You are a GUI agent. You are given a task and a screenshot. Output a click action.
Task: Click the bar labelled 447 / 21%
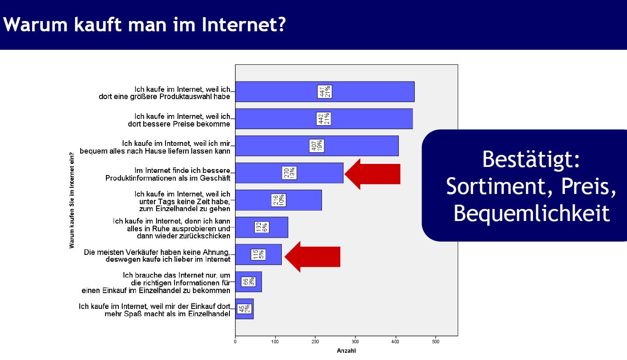tap(325, 92)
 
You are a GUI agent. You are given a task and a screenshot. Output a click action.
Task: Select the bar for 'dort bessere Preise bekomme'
tap(324, 119)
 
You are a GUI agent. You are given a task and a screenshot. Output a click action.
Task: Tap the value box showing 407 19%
tap(317, 146)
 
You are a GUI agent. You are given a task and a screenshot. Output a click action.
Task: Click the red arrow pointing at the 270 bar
tap(372, 174)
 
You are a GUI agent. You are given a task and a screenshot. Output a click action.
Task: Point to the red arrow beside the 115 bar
tap(312, 257)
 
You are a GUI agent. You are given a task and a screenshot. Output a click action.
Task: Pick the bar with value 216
tap(278, 200)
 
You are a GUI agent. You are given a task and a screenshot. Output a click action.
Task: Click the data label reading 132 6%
tap(262, 227)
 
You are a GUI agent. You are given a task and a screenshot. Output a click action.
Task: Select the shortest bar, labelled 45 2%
tap(244, 309)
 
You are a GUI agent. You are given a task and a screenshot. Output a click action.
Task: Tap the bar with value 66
tap(249, 281)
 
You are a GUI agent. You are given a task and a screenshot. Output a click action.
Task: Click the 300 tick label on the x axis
tap(355, 342)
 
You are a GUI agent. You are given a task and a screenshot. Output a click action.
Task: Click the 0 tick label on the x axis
tap(235, 342)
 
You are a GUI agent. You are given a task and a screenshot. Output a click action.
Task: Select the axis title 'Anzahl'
tap(346, 351)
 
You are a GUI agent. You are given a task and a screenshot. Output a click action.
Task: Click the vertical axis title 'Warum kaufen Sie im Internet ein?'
tap(72, 200)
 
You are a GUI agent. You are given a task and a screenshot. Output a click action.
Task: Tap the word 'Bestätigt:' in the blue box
tap(531, 160)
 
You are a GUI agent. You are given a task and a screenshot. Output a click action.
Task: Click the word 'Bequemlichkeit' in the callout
tap(531, 213)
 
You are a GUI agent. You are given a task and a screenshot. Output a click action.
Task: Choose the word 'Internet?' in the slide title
tap(244, 24)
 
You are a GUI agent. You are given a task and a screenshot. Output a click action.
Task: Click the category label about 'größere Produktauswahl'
tap(164, 93)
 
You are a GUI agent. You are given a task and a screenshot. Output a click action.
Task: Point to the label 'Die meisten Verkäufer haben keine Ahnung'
tap(157, 252)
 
